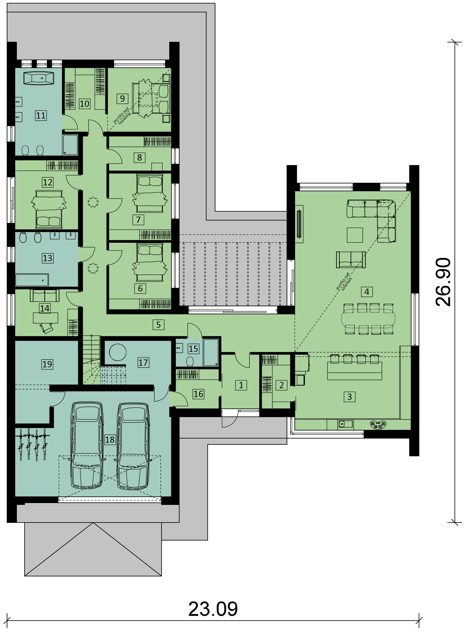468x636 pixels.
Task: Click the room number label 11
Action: (41, 116)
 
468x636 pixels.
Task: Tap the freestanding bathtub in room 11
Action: (39, 78)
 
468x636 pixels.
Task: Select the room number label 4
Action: (367, 292)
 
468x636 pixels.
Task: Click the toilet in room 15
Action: (190, 361)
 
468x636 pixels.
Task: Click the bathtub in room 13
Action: (32, 280)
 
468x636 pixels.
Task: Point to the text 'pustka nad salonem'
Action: (344, 281)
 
